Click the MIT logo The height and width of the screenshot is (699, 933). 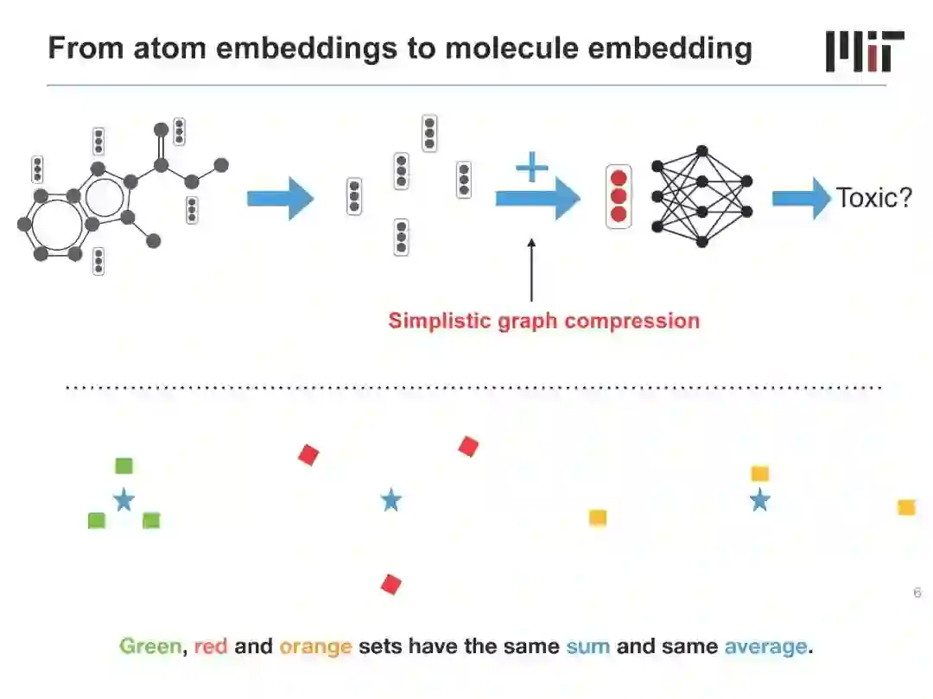click(865, 51)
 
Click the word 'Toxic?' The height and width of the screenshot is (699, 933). click(873, 199)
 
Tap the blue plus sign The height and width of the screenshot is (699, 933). click(532, 167)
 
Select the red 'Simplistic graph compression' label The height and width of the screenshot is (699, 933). click(543, 321)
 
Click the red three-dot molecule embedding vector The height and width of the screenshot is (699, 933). click(619, 196)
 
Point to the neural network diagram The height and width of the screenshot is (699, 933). click(701, 196)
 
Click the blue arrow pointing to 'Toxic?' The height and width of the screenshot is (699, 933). click(799, 199)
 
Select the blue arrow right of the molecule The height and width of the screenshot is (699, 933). click(280, 199)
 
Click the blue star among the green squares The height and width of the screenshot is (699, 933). click(124, 499)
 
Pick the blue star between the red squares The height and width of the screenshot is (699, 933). click(391, 499)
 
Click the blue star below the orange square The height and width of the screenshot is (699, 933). click(759, 499)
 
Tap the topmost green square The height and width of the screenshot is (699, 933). click(124, 466)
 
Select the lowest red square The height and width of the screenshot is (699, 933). click(391, 585)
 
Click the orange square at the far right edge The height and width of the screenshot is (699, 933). click(906, 507)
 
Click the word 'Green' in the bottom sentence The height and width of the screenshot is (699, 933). click(150, 646)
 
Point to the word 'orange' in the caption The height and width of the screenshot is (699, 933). click(315, 646)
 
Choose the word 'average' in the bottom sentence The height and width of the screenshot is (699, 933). click(765, 646)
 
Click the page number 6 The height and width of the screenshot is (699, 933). click(917, 593)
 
